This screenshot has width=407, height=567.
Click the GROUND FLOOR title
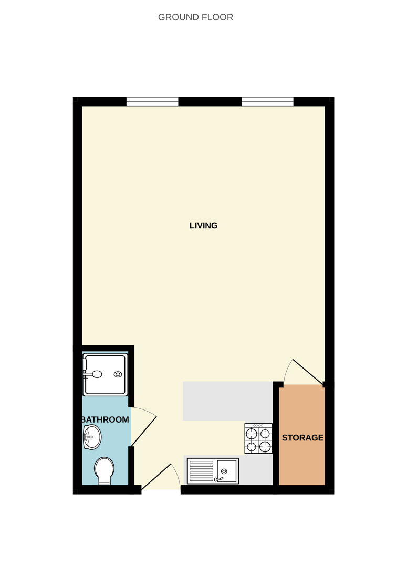click(195, 17)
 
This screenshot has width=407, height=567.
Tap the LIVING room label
click(203, 226)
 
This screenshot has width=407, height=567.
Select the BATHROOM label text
click(105, 419)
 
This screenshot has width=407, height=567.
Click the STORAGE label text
click(302, 437)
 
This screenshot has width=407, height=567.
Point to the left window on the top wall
click(152, 102)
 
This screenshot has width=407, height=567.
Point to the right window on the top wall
click(267, 102)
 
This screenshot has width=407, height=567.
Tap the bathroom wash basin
click(92, 437)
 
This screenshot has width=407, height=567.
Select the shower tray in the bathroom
click(105, 375)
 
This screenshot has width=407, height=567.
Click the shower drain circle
click(118, 374)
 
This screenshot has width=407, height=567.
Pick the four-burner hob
click(258, 438)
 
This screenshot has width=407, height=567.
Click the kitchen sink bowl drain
click(224, 471)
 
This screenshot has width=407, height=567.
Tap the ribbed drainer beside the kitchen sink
click(202, 471)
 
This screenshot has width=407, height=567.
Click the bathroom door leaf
click(143, 432)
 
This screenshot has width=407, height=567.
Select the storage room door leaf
click(308, 372)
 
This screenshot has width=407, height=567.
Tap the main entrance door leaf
click(156, 477)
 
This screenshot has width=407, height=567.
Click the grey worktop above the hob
click(227, 401)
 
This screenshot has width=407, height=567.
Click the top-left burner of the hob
click(252, 433)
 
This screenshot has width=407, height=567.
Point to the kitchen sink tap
click(219, 479)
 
